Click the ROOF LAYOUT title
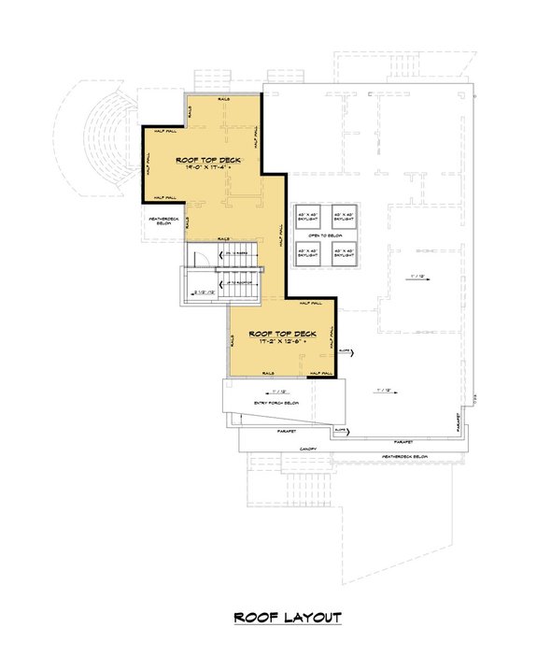pyautogui.click(x=287, y=618)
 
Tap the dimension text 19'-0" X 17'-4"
pyautogui.click(x=208, y=169)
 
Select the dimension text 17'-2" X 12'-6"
pyautogui.click(x=278, y=342)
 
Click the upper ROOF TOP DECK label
pyautogui.click(x=208, y=160)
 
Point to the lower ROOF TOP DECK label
pyautogui.click(x=278, y=333)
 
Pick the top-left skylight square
pyautogui.click(x=307, y=214)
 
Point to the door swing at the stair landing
pyautogui.click(x=198, y=259)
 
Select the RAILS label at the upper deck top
pyautogui.click(x=224, y=97)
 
